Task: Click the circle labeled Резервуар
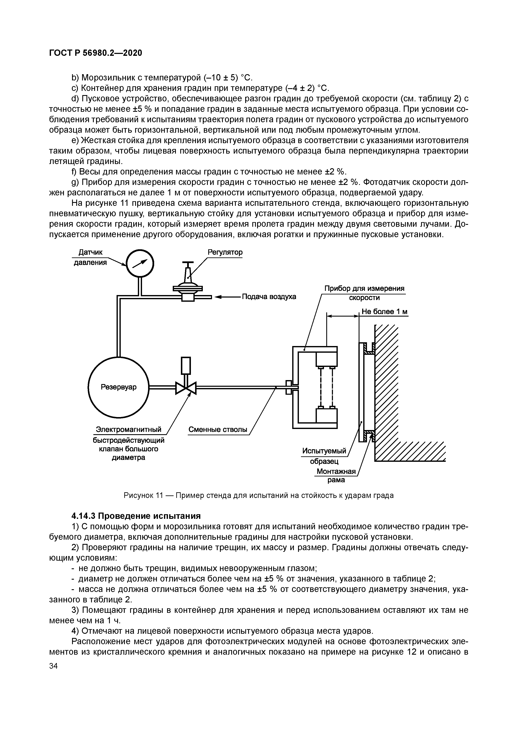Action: point(118,387)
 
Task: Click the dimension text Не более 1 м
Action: point(384,312)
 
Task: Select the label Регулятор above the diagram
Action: point(225,252)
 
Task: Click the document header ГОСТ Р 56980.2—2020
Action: point(95,53)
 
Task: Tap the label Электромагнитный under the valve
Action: point(129,430)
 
